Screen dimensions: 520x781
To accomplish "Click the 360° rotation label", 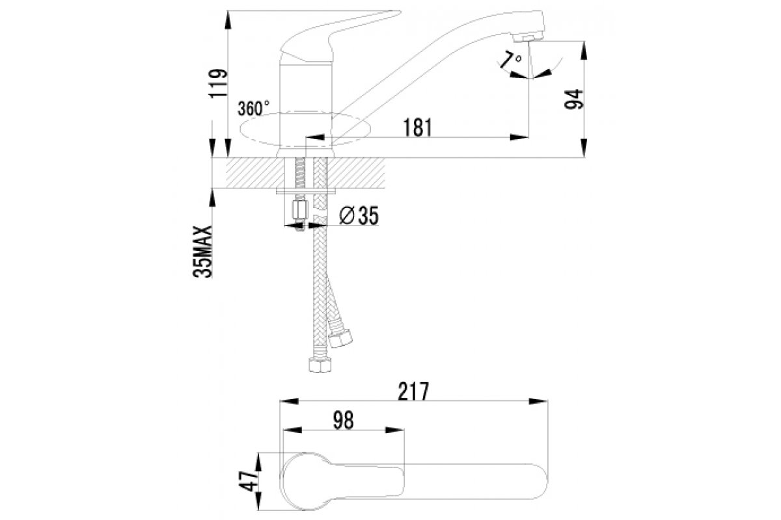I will pos(254,107).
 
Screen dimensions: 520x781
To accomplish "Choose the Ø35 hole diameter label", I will pos(359,215).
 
